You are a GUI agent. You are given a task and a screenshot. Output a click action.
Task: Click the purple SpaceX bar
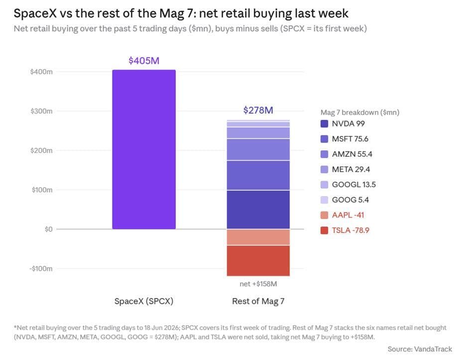pos(144,149)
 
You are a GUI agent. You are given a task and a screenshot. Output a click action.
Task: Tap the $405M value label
pos(144,61)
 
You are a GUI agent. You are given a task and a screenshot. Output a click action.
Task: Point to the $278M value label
pos(258,111)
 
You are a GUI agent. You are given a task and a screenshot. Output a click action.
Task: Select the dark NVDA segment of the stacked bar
pos(258,210)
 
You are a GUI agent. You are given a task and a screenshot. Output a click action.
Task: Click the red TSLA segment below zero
pos(258,261)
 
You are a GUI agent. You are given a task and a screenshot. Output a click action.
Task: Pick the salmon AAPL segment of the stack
pos(258,238)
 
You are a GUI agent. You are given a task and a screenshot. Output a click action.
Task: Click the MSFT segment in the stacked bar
pos(258,175)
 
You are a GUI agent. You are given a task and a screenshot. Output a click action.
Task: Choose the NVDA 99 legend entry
pos(343,124)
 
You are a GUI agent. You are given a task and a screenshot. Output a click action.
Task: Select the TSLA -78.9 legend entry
pos(345,231)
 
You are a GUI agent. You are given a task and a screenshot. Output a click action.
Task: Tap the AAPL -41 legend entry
pos(343,215)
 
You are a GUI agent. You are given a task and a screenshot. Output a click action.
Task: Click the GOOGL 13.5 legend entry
pos(348,185)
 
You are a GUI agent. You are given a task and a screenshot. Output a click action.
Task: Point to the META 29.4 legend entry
pos(345,169)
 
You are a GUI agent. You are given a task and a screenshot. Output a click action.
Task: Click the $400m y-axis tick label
pos(41,72)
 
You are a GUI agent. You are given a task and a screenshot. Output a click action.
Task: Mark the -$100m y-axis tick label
pos(41,269)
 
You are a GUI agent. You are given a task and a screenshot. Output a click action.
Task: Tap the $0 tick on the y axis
pos(49,229)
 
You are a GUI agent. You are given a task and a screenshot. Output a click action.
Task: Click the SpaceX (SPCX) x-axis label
pos(144,301)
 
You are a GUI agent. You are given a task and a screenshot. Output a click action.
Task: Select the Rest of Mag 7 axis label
pos(258,301)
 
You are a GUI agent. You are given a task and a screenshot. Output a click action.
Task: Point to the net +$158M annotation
pos(258,284)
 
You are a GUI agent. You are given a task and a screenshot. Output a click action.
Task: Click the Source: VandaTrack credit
pos(420,349)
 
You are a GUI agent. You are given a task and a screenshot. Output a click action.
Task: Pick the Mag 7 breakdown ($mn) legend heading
pos(360,113)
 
